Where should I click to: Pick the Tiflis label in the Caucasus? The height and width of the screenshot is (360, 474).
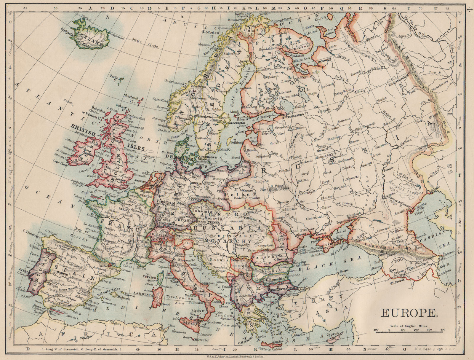(390, 262)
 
